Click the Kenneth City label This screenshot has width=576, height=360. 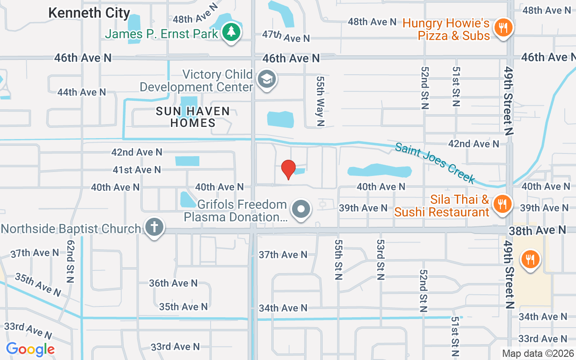tap(89, 13)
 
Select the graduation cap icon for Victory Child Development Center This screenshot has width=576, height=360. tap(267, 80)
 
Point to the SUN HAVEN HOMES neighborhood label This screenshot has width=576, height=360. tap(193, 117)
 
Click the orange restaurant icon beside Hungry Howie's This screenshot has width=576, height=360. tap(503, 28)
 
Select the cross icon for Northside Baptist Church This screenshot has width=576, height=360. tap(154, 227)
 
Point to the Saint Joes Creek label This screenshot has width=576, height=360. tap(435, 163)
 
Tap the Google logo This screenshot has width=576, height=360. tap(30, 349)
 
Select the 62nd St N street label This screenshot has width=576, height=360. tap(70, 261)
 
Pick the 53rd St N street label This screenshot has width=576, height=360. tap(381, 259)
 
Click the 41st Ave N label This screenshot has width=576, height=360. tap(137, 170)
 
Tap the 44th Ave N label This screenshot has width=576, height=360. tap(81, 92)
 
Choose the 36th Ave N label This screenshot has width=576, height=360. tap(173, 283)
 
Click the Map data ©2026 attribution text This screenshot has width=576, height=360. tap(537, 354)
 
